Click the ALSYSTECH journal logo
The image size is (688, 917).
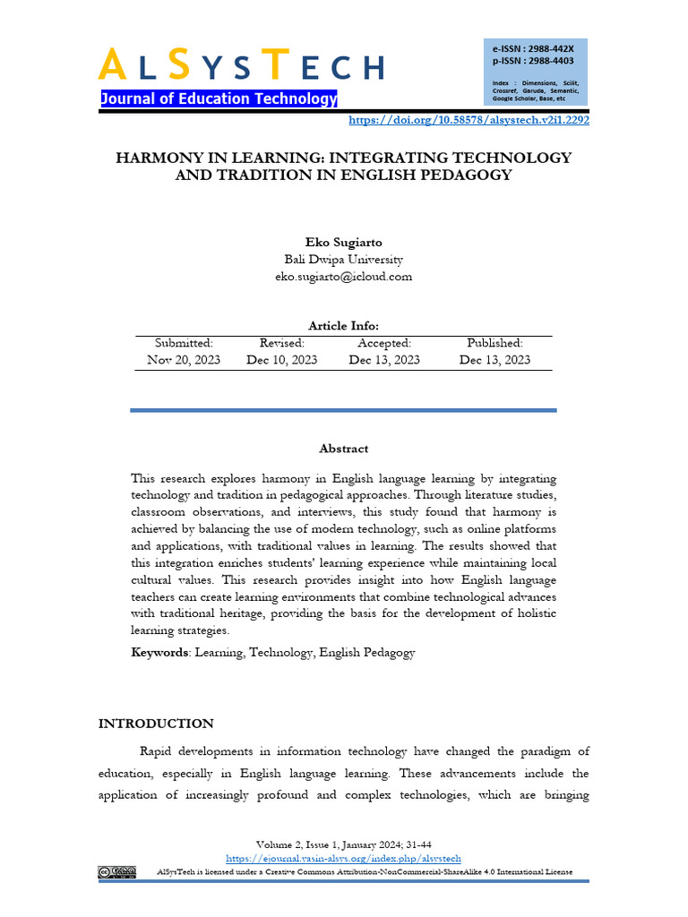240,64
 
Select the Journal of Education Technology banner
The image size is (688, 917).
219,99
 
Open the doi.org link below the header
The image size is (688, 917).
468,119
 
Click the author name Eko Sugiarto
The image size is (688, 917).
343,243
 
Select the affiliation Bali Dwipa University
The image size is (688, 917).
343,260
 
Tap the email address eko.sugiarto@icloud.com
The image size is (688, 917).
343,277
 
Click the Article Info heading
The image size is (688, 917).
343,326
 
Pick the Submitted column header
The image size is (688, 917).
184,343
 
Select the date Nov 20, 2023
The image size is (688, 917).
184,360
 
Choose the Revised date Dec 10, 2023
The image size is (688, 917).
282,360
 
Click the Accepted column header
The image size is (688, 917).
384,343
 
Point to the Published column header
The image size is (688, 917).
494,343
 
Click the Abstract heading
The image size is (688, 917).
343,449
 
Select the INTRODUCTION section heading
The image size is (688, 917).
156,724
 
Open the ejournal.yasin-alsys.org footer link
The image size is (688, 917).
343,858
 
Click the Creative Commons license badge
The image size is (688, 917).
117,871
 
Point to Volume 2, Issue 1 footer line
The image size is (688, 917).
343,844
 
